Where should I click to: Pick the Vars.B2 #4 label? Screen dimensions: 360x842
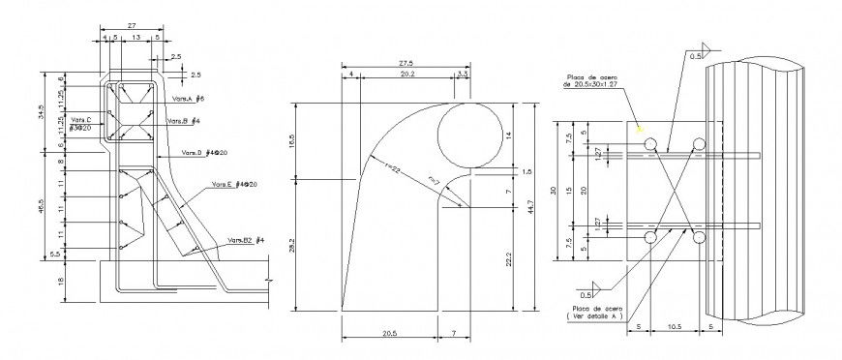point(247,239)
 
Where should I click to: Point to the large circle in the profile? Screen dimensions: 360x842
point(469,135)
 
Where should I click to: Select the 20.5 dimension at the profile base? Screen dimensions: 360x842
point(388,334)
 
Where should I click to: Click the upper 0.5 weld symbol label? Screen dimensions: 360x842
point(694,57)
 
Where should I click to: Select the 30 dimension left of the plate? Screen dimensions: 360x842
point(554,190)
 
